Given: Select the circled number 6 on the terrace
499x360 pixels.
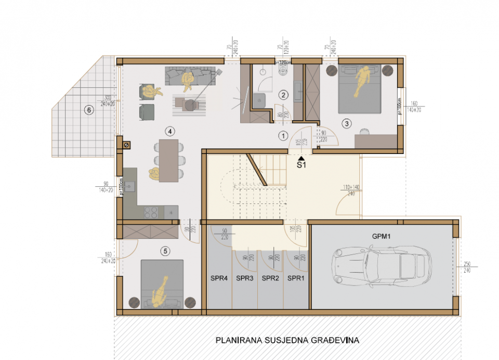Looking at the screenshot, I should click(x=88, y=110).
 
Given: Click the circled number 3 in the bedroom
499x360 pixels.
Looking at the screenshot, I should click(x=347, y=123).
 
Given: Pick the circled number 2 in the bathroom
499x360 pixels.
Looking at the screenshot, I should click(x=283, y=95).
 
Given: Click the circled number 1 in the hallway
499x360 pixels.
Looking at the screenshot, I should click(x=283, y=136).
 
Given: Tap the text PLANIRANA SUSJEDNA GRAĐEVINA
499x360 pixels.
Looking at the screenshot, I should click(x=287, y=341).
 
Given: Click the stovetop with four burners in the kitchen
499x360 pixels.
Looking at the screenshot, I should click(x=151, y=212).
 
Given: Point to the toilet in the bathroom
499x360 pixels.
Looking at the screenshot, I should click(x=284, y=71).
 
